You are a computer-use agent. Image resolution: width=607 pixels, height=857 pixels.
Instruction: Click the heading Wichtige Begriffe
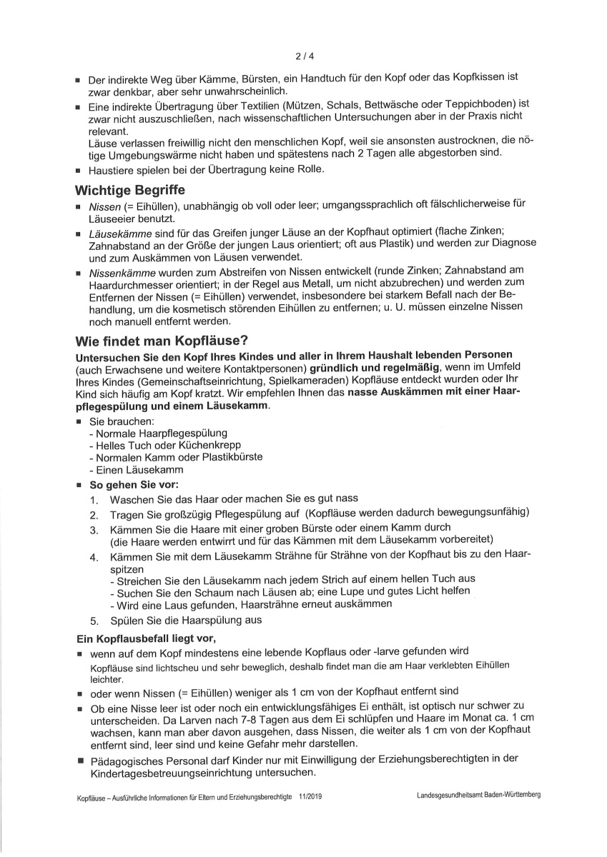click(129, 190)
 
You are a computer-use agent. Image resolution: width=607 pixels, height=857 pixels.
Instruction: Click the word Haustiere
click(112, 170)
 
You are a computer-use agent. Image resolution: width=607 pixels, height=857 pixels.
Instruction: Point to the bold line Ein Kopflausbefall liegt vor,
click(145, 637)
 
